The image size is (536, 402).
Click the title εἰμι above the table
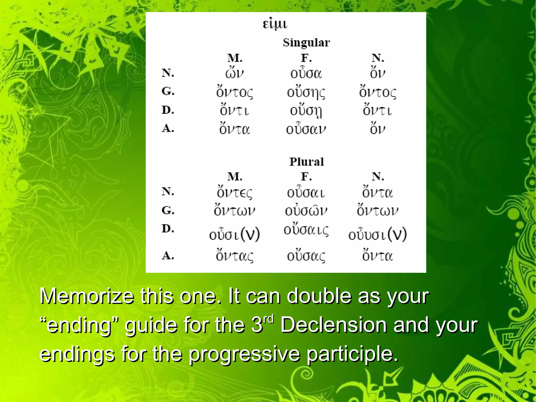[x=275, y=24]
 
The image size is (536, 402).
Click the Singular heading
[x=306, y=43]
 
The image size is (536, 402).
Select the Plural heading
[x=306, y=162]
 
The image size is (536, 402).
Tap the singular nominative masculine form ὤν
[x=234, y=73]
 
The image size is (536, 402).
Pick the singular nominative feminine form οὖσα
[x=306, y=73]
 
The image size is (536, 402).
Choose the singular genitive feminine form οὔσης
[x=306, y=92]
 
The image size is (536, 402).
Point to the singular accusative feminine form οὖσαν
[x=306, y=129]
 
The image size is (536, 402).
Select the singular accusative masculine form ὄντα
[x=234, y=129]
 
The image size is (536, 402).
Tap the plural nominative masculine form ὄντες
[x=234, y=192]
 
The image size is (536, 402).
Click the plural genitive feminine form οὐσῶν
[x=306, y=211]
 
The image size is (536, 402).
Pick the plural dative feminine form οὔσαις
[x=306, y=230]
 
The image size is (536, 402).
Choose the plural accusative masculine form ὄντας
[x=234, y=256]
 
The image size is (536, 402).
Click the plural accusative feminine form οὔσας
[x=306, y=256]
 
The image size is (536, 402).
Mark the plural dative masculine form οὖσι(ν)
[x=234, y=234]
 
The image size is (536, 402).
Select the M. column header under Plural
[x=235, y=177]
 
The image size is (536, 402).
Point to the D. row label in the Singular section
[x=168, y=110]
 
